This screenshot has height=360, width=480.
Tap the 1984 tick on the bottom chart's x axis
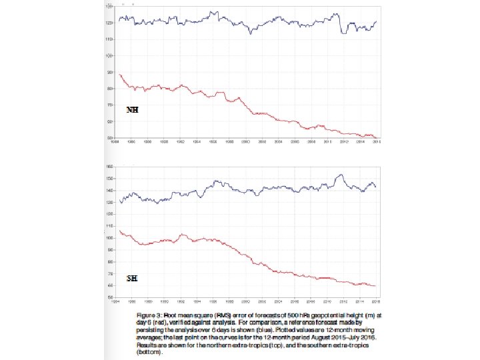(x=115, y=301)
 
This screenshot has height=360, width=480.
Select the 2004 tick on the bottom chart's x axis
(x=278, y=301)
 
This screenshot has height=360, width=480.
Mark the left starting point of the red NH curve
(x=119, y=74)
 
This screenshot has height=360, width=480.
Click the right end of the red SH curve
(x=376, y=286)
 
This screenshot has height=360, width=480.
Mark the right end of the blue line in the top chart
(x=376, y=21)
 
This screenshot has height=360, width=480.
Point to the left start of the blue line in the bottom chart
(x=119, y=202)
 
